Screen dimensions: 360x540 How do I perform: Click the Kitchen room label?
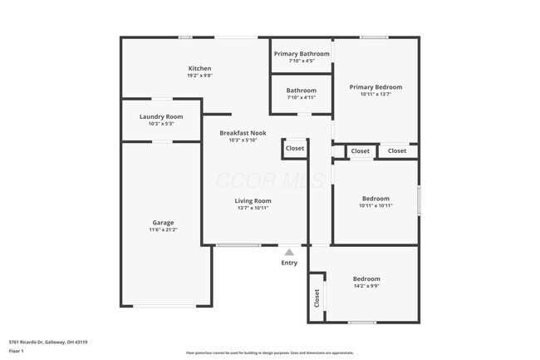199,68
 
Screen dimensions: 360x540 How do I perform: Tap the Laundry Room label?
161,116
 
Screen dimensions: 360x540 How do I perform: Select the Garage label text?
163,222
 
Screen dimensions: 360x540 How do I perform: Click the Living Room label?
253,200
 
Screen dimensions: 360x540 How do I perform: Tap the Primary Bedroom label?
376,86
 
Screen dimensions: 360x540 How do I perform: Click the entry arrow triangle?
289,252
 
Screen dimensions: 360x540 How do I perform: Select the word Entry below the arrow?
289,263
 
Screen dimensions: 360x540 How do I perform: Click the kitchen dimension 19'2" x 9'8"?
199,76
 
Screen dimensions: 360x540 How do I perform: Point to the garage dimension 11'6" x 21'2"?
163,229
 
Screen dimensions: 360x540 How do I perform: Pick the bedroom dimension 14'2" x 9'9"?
366,286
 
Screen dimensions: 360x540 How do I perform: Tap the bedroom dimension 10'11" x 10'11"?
376,205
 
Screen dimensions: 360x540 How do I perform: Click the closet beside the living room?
295,148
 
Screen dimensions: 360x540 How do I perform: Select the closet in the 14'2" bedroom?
317,298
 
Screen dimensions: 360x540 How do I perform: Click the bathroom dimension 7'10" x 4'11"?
301,97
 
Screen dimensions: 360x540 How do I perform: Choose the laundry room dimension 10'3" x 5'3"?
161,124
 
